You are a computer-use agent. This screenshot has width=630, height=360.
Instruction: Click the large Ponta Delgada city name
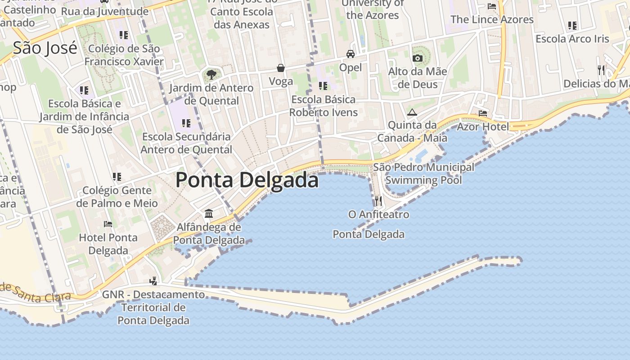[x=247, y=180]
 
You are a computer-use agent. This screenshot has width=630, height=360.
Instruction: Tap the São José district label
[x=45, y=48]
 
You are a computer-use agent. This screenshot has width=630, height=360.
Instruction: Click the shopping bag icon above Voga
[x=281, y=68]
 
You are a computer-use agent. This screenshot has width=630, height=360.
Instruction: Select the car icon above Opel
[x=350, y=54]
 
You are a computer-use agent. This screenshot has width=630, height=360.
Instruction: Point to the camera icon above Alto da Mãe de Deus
[x=418, y=58]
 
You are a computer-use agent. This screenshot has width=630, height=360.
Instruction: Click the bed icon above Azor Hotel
[x=483, y=113]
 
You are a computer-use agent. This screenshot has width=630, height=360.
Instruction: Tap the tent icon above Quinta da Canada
[x=412, y=112]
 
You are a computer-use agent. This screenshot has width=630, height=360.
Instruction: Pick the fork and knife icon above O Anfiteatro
[x=378, y=201]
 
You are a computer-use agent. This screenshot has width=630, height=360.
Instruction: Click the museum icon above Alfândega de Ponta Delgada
[x=209, y=213]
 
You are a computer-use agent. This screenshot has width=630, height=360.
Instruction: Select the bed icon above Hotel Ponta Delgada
[x=108, y=224]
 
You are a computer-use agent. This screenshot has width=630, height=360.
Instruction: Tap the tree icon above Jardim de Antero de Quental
[x=211, y=74]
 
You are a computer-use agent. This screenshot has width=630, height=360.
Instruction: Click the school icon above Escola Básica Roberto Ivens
[x=323, y=85]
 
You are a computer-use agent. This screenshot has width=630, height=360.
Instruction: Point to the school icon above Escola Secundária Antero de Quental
[x=186, y=123]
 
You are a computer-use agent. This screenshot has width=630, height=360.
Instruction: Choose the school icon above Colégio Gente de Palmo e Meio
[x=117, y=177]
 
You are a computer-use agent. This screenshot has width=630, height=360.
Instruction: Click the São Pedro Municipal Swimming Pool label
[x=424, y=174]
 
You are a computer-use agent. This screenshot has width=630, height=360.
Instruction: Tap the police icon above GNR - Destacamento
[x=153, y=281]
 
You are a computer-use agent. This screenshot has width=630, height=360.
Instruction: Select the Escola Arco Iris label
[x=572, y=39]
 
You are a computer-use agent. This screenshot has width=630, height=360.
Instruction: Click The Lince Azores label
[x=492, y=19]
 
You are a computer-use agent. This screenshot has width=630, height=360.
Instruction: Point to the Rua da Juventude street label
[x=104, y=11]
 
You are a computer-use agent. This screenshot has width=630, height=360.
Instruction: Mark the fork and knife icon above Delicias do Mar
[x=601, y=70]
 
